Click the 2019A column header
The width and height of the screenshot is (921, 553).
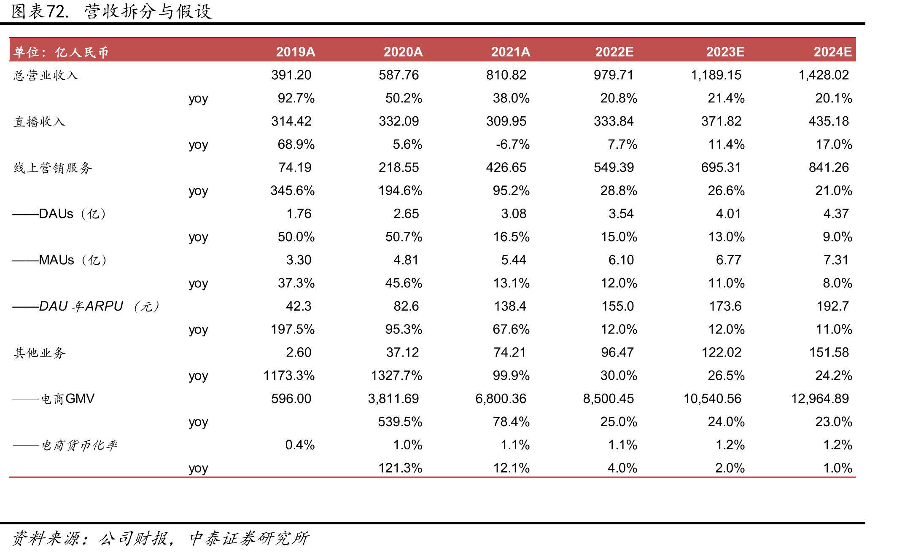[295, 51]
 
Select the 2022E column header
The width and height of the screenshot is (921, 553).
[614, 51]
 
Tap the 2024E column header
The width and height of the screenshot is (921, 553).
[832, 51]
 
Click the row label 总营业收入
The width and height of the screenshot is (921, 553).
[46, 75]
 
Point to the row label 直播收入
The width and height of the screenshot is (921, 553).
[40, 122]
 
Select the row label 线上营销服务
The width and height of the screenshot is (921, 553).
[53, 168]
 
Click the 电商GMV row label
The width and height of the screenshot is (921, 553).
[54, 399]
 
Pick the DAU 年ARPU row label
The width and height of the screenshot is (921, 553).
[86, 306]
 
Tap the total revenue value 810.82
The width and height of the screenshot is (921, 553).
[506, 75]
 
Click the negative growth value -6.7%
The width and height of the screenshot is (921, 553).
[513, 145]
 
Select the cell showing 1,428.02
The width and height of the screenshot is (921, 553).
[824, 75]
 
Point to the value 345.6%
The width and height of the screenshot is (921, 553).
[293, 191]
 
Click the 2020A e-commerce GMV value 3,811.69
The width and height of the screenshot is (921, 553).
[393, 399]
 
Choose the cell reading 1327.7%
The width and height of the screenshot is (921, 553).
[396, 376]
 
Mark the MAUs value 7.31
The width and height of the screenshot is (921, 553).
[836, 260]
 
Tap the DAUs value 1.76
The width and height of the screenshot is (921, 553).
[299, 214]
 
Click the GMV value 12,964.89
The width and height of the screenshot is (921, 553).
[820, 399]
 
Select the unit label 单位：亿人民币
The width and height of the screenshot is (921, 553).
[61, 52]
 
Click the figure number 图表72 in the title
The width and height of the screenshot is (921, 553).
[40, 11]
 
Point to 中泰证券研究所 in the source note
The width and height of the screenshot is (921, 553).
[250, 538]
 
